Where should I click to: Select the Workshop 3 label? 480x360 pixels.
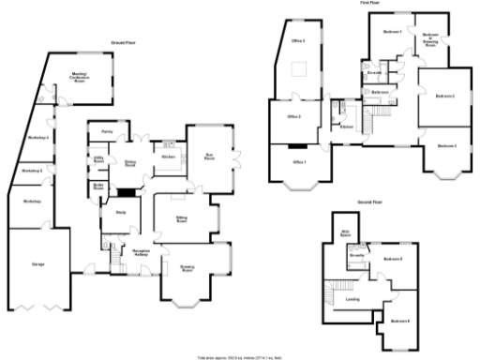38,138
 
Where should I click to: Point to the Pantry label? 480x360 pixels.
108,133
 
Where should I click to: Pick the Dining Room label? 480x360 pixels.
131,163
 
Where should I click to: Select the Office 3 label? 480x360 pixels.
297,42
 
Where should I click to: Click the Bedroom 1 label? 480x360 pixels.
392,32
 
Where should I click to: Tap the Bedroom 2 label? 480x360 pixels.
445,97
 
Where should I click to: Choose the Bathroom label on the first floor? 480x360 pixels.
381,93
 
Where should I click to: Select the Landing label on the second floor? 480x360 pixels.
352,300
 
